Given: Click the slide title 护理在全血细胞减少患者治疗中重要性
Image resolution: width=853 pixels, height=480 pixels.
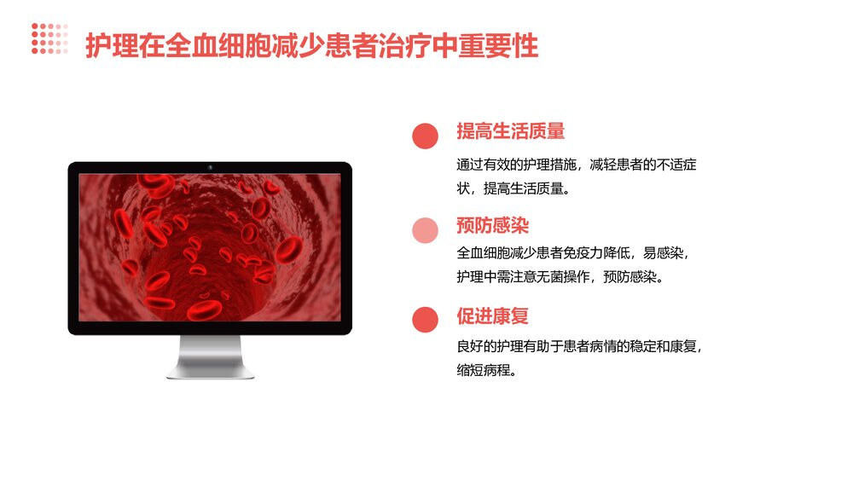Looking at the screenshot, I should [311, 45].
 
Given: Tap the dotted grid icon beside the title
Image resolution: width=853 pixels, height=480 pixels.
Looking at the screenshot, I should [50, 38].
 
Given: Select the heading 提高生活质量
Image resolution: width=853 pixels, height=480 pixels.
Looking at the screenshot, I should [510, 132].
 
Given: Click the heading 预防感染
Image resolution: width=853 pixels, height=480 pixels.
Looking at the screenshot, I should [492, 226].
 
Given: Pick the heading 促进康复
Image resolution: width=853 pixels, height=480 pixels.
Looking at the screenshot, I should [492, 316].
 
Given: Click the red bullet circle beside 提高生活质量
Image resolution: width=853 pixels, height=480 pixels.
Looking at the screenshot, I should [425, 136].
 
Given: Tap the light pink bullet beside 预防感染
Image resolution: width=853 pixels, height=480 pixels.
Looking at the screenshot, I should [425, 230].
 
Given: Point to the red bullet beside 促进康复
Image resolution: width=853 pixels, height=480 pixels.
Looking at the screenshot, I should [425, 320].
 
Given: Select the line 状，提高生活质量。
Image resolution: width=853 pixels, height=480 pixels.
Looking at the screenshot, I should [512, 188].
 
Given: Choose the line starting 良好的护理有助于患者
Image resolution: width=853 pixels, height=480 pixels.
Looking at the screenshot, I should [579, 347].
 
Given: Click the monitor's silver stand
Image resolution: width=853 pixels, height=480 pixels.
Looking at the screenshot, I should [210, 356].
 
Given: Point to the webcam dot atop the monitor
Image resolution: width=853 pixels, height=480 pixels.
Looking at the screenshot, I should [210, 167].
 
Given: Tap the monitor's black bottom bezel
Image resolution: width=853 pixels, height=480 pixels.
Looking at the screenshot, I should [210, 328].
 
